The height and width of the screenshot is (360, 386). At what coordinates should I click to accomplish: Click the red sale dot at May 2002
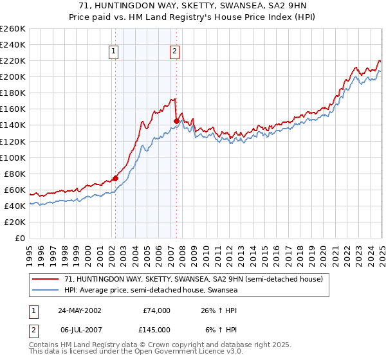pyautogui.click(x=116, y=178)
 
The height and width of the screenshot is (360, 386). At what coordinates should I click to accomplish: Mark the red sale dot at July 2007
pyautogui.click(x=176, y=121)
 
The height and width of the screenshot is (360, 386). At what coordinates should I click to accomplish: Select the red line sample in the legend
pyautogui.click(x=46, y=279)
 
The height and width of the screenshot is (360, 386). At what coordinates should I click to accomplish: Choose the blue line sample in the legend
pyautogui.click(x=46, y=290)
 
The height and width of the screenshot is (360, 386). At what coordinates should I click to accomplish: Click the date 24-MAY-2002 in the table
pyautogui.click(x=79, y=310)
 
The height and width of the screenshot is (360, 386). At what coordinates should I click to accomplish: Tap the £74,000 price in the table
pyautogui.click(x=156, y=310)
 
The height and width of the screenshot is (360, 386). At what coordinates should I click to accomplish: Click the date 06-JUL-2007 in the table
pyautogui.click(x=79, y=330)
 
